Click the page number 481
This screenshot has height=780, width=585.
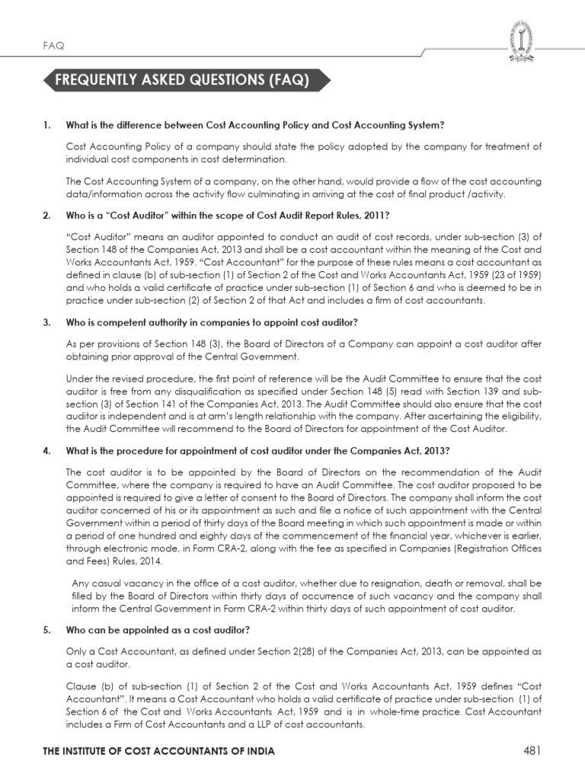pyautogui.click(x=532, y=751)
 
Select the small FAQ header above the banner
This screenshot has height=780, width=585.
pyautogui.click(x=53, y=45)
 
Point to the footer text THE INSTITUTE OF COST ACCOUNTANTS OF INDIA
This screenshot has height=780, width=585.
pyautogui.click(x=158, y=752)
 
